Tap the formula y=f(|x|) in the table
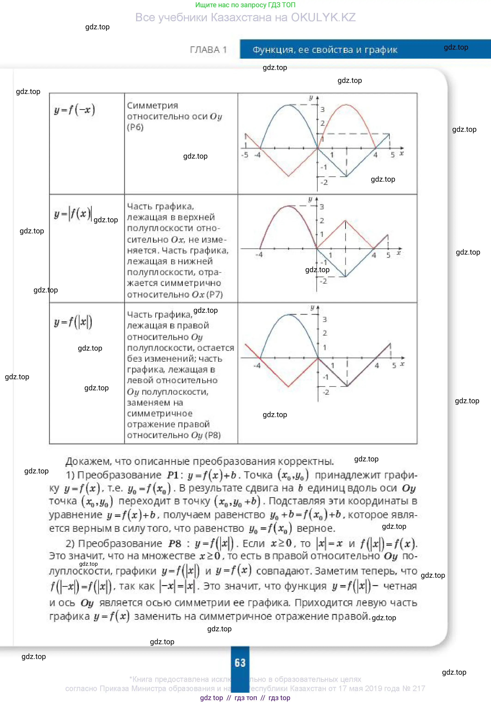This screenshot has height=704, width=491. click(x=73, y=322)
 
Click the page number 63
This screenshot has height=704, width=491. click(x=240, y=663)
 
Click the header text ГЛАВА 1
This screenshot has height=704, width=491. click(x=208, y=50)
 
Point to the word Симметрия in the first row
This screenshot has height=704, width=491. click(x=152, y=105)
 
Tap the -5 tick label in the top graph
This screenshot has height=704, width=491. click(x=245, y=155)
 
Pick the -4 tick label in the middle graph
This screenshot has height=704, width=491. click(x=259, y=255)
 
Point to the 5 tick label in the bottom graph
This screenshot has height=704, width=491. click(x=394, y=365)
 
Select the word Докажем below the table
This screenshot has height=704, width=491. click(x=88, y=461)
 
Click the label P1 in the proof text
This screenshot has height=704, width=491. click(x=173, y=475)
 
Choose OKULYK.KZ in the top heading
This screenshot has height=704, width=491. click(x=323, y=18)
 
